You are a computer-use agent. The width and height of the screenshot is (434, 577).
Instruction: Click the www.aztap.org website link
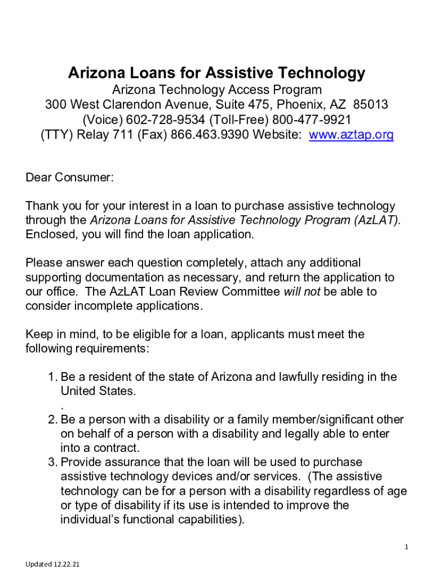click(x=351, y=135)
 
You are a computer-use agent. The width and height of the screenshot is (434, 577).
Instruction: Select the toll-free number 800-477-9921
click(x=312, y=120)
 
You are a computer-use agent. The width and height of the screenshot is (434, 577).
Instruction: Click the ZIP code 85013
click(x=370, y=105)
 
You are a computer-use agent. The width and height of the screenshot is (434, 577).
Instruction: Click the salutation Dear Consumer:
click(x=70, y=178)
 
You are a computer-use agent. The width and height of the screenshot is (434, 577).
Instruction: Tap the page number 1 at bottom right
click(x=406, y=547)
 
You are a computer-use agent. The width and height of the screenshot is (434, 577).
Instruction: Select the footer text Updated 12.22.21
click(x=52, y=564)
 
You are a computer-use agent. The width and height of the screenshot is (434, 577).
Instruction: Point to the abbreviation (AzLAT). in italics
click(x=378, y=220)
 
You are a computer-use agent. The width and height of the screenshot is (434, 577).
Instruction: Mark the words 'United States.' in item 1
click(x=98, y=391)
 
